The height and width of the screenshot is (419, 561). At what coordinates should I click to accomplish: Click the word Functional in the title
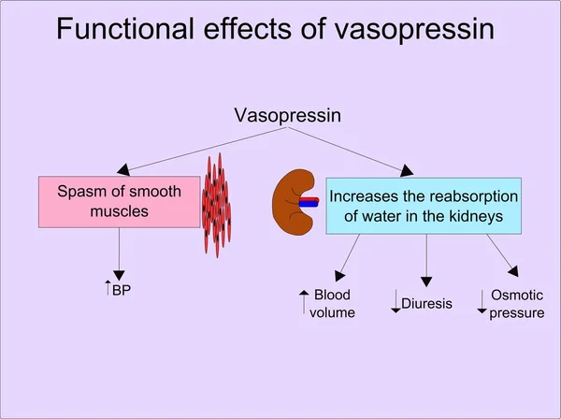pos(125,28)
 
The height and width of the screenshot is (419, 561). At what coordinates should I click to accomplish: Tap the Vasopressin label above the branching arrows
pos(288,116)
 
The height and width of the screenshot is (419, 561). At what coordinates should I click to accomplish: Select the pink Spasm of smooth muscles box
pos(119,202)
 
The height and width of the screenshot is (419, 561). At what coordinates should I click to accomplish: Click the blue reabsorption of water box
pos(424,206)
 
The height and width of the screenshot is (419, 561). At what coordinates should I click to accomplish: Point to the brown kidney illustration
pos(292,203)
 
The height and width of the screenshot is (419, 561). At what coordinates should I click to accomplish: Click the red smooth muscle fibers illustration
pos(217,206)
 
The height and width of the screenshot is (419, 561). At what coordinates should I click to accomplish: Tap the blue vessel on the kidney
pos(309,204)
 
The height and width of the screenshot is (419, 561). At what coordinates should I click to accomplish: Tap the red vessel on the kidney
pos(309,199)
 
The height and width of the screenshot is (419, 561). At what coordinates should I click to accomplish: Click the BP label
pos(122,290)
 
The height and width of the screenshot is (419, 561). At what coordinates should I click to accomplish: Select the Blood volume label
pos(332,303)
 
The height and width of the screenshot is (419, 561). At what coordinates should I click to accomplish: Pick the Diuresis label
pos(427,304)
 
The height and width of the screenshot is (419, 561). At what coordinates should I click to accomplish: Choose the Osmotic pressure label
pos(517,304)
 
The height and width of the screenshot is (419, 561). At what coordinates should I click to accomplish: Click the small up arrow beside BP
pos(108,288)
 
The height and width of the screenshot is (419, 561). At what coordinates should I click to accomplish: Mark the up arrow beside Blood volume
pos(304,302)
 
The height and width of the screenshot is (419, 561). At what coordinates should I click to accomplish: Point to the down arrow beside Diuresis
pos(396,301)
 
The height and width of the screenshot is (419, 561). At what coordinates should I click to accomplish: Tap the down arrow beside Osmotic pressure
pos(482,302)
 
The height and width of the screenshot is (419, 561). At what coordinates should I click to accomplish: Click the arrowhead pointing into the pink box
pos(123,169)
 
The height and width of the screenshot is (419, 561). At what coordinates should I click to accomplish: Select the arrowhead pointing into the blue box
pos(407,170)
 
